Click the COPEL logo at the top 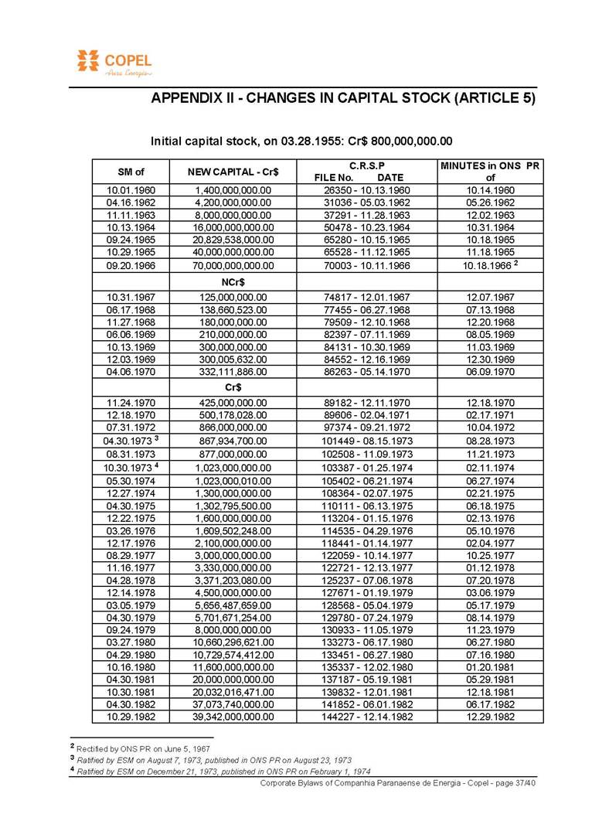tap(114, 63)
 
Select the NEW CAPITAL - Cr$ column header tap(233, 171)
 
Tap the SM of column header tap(131, 171)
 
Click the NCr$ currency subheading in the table tap(233, 282)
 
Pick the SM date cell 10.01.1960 tap(131, 190)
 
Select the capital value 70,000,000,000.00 tap(233, 266)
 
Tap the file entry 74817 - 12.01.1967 tap(366, 297)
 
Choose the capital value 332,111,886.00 tap(233, 372)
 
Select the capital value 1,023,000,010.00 tap(233, 480)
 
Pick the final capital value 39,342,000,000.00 tap(233, 717)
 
